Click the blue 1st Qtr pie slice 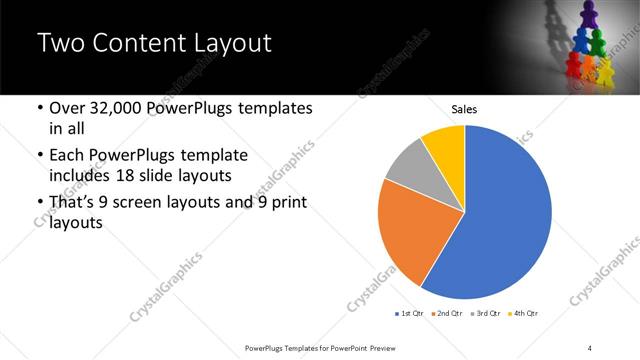505,220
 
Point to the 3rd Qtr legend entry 488,314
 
